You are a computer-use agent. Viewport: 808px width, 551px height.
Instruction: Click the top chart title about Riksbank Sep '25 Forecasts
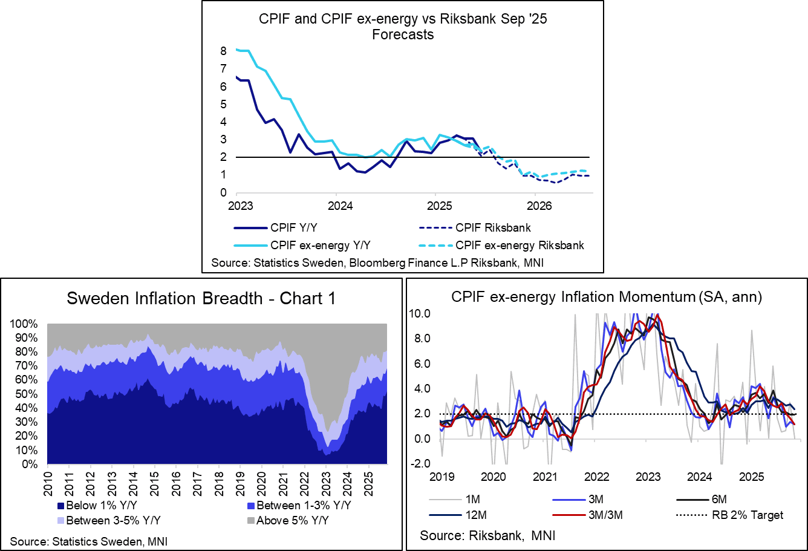point(403,26)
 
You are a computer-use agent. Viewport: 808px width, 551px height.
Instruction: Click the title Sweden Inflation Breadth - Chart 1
point(201,298)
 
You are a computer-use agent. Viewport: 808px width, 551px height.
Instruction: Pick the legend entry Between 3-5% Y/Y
point(109,520)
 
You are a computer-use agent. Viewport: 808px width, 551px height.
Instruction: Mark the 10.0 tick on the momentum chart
point(419,313)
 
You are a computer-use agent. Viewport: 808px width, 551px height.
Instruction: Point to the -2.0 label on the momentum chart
point(419,464)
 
